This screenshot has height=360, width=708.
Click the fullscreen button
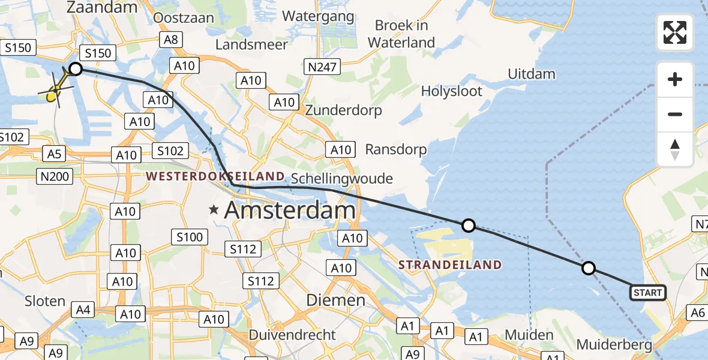click(675, 32)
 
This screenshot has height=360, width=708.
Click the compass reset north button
click(675, 149)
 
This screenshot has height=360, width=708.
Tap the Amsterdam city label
click(290, 211)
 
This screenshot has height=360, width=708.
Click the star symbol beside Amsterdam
click(214, 210)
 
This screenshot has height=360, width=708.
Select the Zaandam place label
click(103, 8)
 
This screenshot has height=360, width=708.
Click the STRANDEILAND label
click(450, 265)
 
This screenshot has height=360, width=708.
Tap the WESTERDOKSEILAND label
click(215, 176)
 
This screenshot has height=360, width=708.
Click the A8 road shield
click(170, 40)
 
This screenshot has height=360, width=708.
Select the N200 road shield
click(55, 176)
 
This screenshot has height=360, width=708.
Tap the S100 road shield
click(190, 238)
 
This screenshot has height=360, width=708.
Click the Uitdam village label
click(531, 74)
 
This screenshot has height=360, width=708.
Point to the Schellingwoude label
click(341, 178)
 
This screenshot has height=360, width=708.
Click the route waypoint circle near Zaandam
click(76, 69)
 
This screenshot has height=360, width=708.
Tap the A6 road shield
click(697, 312)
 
